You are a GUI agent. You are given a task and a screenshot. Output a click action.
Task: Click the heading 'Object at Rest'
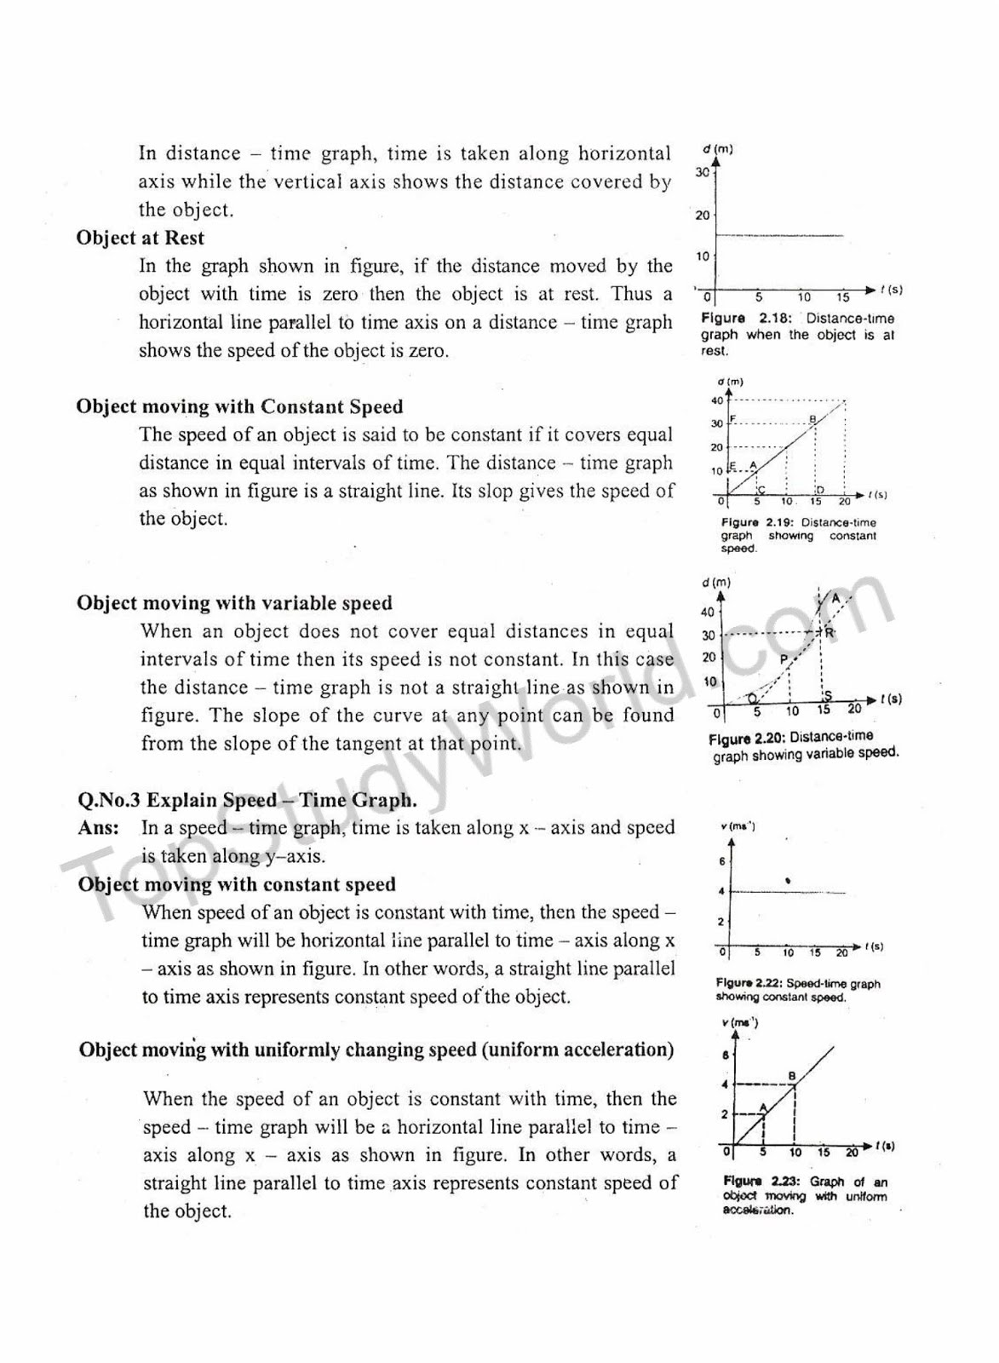click(x=140, y=238)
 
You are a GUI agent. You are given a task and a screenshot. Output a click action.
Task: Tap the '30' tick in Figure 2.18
click(x=702, y=172)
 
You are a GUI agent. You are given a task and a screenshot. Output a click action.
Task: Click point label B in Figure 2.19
click(x=812, y=418)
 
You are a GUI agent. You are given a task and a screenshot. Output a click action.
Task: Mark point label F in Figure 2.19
click(x=733, y=419)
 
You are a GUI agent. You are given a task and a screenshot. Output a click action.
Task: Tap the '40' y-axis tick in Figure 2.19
click(x=716, y=400)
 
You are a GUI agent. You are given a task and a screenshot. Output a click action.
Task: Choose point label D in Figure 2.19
click(x=819, y=490)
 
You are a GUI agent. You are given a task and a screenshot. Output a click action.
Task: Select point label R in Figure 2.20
click(x=829, y=632)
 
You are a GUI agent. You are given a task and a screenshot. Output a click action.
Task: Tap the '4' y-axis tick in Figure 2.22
click(x=721, y=891)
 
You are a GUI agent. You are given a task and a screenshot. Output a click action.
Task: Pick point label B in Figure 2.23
click(x=792, y=1077)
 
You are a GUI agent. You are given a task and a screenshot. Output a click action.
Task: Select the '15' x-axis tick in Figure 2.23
click(x=824, y=1153)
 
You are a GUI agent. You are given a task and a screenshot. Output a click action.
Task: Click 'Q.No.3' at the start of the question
click(x=108, y=800)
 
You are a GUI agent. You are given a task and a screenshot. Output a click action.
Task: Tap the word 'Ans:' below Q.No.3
click(x=98, y=828)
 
